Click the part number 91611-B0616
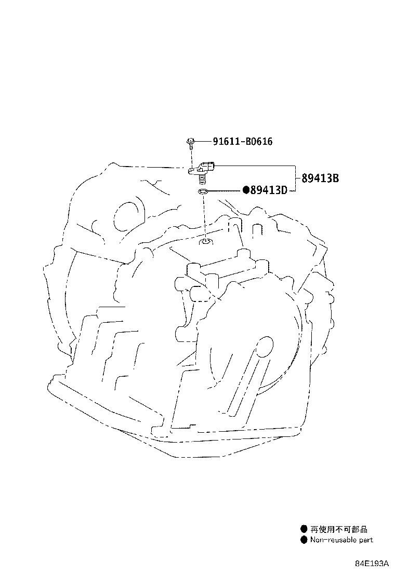point(242,141)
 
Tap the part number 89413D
point(269,190)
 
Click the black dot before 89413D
point(246,190)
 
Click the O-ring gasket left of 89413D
point(203,193)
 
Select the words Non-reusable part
point(341,540)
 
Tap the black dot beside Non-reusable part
point(304,540)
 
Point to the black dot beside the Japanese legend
point(304,529)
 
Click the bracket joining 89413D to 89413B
point(296,178)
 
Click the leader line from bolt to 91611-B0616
point(203,141)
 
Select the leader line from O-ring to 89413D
point(226,191)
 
